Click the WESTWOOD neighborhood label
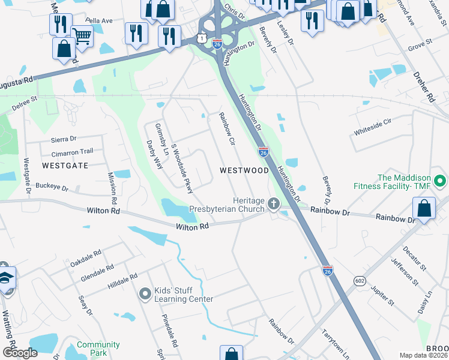(x=244, y=170)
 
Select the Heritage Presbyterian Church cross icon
(x=274, y=204)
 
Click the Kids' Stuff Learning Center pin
(x=145, y=294)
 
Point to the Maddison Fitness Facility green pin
(x=441, y=181)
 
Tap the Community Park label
(x=98, y=349)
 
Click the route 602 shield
(x=360, y=280)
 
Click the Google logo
(x=20, y=352)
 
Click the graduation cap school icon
(x=5, y=278)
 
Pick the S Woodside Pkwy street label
(x=182, y=168)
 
